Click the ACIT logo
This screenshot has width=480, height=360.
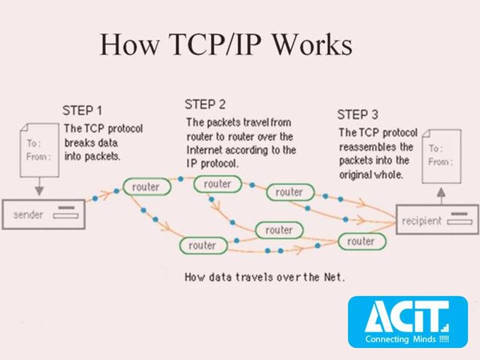407,315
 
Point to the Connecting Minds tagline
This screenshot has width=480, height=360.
407,340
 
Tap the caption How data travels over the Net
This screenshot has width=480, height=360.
265,277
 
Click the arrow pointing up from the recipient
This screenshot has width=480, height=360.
441,193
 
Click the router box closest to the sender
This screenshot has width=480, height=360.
146,187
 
